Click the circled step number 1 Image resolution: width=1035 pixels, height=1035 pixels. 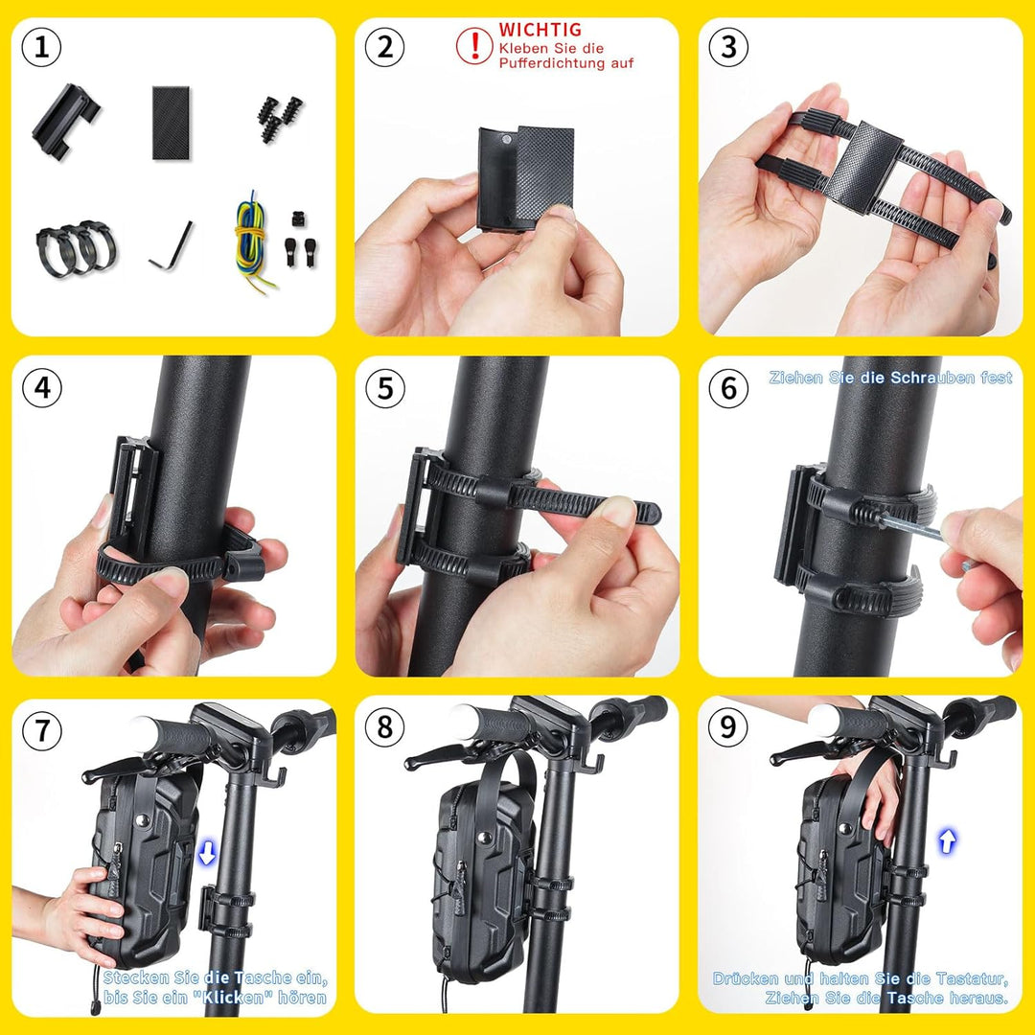tap(41, 48)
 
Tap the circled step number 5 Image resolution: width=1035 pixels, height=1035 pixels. tap(384, 388)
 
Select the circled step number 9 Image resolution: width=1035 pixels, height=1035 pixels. tap(728, 727)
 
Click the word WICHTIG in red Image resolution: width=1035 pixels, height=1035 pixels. tap(540, 30)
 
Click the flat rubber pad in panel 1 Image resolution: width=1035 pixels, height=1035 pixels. tap(171, 122)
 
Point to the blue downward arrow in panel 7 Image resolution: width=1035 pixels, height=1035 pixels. tap(207, 853)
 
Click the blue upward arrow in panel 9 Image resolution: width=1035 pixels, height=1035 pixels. tap(947, 841)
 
